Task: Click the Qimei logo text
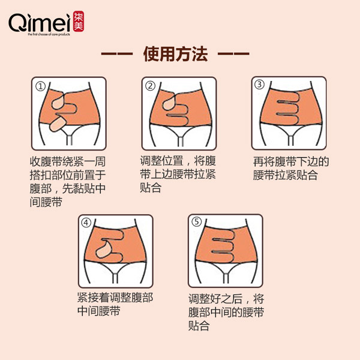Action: (x=38, y=22)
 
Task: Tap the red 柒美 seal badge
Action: (x=79, y=22)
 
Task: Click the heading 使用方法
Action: (x=175, y=55)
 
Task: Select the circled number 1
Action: (x=40, y=86)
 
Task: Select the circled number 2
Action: (x=151, y=86)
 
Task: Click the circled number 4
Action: (x=88, y=223)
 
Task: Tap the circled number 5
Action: (x=197, y=222)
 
